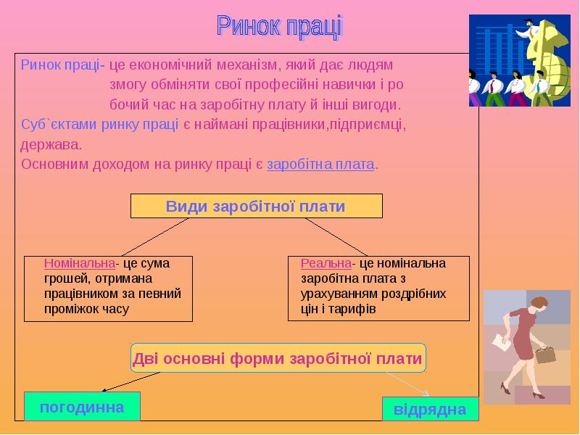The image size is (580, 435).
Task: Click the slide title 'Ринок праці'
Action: (279, 27)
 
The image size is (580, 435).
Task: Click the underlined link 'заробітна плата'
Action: (320, 165)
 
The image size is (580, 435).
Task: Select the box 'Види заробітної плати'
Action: (256, 207)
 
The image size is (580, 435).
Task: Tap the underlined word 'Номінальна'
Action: (80, 263)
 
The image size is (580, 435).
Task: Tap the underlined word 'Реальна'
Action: (326, 263)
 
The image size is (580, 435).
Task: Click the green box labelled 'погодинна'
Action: (81, 407)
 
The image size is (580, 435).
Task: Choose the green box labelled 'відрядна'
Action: (430, 410)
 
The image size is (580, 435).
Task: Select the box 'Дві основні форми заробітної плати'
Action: (277, 359)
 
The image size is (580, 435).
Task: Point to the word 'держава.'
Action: (47, 144)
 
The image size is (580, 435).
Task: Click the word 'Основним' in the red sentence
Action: (50, 165)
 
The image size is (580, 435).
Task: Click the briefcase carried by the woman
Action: (544, 355)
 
